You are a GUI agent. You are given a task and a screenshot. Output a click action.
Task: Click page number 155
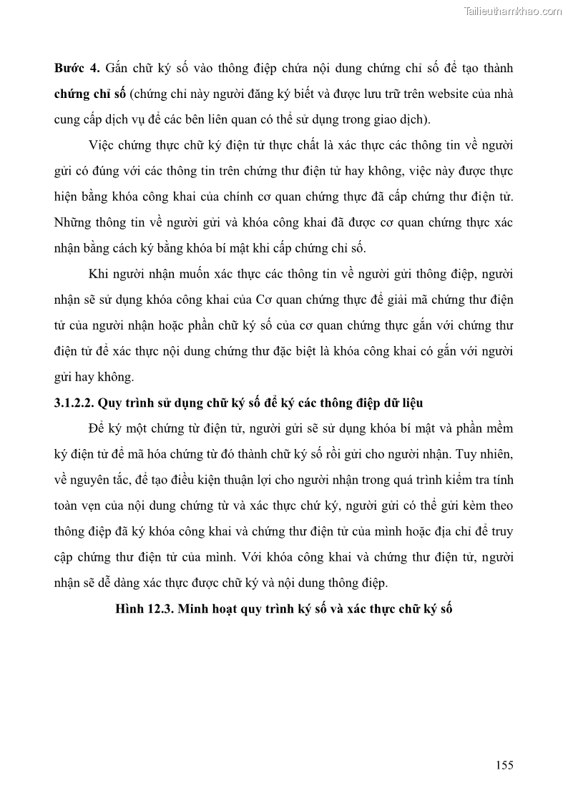(504, 765)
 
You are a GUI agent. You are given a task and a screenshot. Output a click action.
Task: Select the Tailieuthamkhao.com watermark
(513, 11)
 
